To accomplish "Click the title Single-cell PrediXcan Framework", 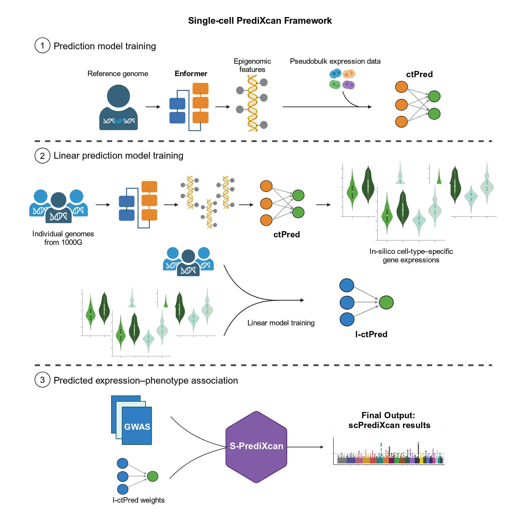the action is click(x=260, y=21).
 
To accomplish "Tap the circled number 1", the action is click(x=43, y=45).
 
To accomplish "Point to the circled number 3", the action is click(x=43, y=380).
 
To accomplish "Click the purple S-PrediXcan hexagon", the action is click(x=256, y=447).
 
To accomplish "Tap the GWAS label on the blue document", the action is click(x=137, y=427).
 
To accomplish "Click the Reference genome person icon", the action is click(x=118, y=107).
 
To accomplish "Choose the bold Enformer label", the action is click(x=191, y=74).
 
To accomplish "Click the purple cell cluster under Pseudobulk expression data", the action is click(x=348, y=85).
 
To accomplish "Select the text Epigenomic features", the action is click(x=252, y=65).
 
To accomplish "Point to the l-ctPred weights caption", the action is click(x=139, y=500).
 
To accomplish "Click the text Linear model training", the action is click(x=281, y=323).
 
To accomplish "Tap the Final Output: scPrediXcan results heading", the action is click(x=389, y=420).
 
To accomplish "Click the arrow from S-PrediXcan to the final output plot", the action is click(x=305, y=447).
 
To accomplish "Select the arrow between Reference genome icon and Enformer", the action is click(x=153, y=107).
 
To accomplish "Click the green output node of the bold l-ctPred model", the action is click(x=386, y=302).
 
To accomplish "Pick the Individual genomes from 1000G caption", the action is click(x=63, y=238).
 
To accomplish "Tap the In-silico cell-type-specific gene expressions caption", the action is click(x=411, y=256).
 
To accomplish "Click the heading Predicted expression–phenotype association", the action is click(x=146, y=380).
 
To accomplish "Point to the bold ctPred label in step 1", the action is click(x=419, y=74).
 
